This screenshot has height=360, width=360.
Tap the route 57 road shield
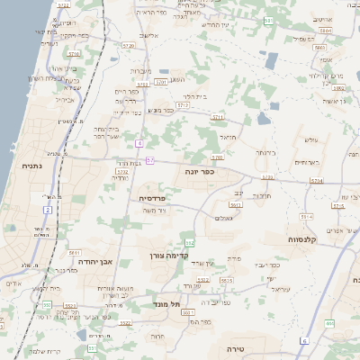tap(150, 160)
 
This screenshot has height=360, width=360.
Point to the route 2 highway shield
tap(48, 210)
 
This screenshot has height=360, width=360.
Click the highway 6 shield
tap(304, 340)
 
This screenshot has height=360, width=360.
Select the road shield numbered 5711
tap(218, 117)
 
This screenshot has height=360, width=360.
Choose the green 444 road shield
tap(330, 322)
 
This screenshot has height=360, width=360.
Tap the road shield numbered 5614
tap(306, 217)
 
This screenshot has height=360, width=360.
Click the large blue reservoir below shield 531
tap(272, 60)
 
